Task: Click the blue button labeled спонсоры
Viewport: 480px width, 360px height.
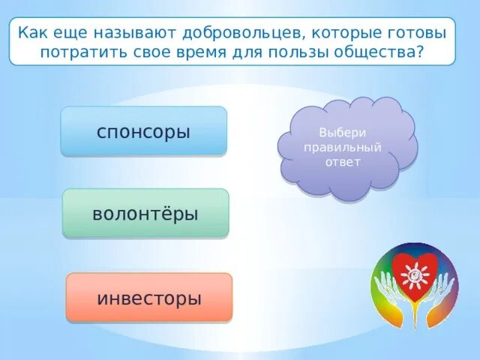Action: (144, 131)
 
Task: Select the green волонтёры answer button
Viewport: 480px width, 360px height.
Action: (145, 213)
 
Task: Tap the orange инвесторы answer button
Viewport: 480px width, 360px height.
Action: (149, 298)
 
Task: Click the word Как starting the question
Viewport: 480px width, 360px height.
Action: (33, 32)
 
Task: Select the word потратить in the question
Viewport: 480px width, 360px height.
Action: (83, 52)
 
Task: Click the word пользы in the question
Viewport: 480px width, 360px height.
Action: (298, 52)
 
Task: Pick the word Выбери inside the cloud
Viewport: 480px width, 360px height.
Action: (343, 133)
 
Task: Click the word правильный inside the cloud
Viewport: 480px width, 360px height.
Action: (343, 148)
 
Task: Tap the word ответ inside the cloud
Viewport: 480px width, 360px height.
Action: (343, 162)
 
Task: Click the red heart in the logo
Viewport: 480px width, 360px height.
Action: (415, 274)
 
